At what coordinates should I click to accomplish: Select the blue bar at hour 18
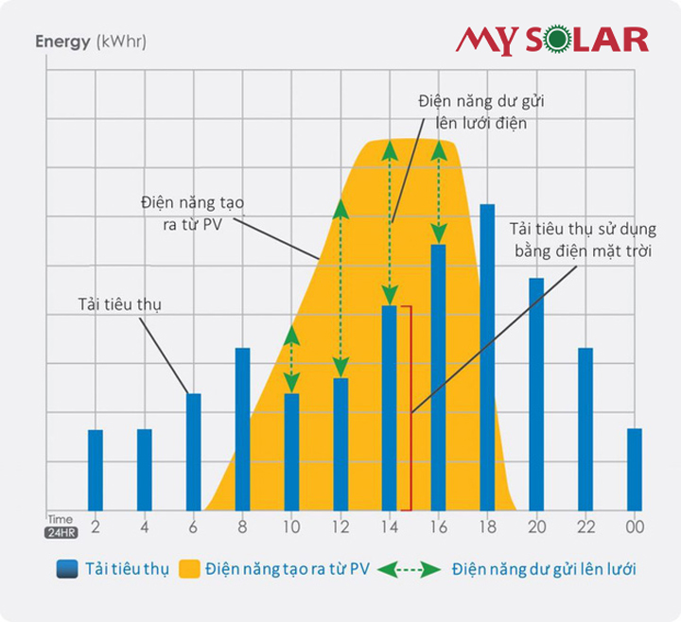click(487, 357)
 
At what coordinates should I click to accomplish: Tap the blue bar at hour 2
click(95, 470)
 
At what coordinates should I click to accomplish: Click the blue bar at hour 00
click(634, 470)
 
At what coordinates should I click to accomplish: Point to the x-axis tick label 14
click(389, 527)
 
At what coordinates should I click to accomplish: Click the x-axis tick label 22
click(585, 527)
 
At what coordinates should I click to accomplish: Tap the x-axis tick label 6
click(193, 527)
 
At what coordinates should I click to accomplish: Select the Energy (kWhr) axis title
click(91, 42)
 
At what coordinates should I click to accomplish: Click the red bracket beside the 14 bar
click(409, 407)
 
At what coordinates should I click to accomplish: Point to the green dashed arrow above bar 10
click(291, 360)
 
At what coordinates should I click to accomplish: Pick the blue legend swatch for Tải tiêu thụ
click(66, 569)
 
